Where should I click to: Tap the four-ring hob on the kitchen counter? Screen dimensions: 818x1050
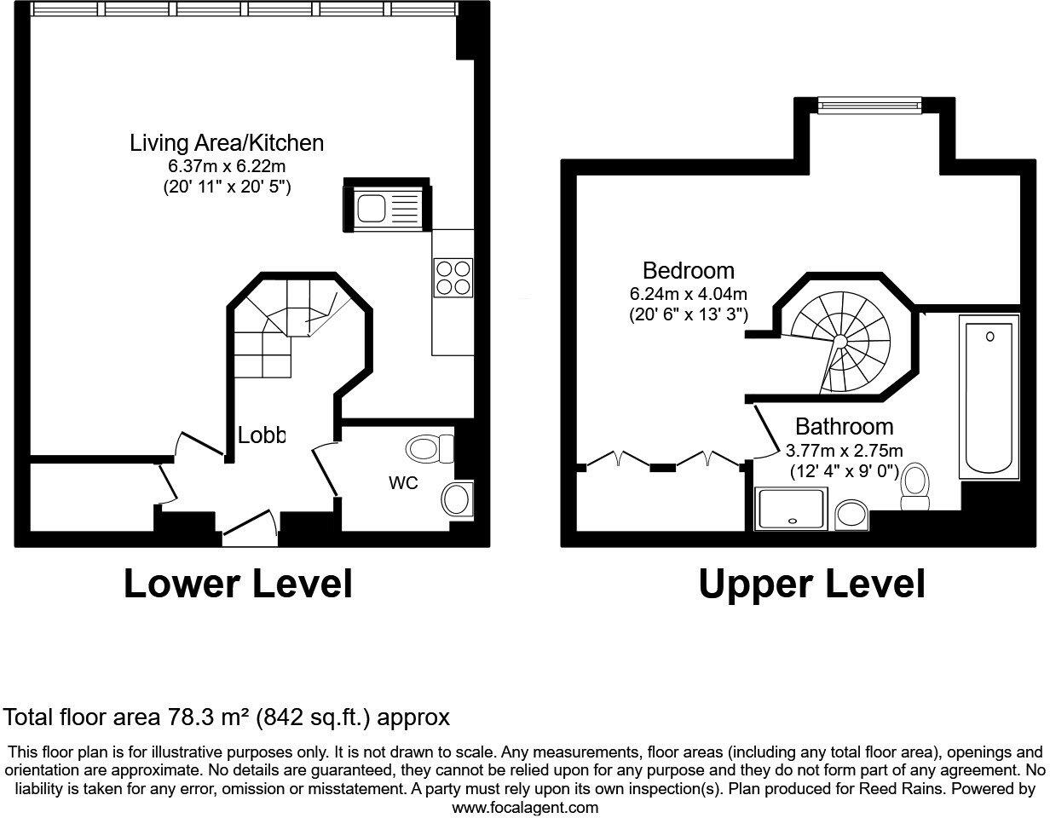453,277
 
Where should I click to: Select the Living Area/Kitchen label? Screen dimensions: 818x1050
227,142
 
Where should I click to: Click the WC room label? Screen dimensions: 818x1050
403,483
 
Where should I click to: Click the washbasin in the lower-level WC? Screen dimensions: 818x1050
458,498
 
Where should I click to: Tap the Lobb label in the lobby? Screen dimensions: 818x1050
261,435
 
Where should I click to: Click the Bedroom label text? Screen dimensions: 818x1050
688,271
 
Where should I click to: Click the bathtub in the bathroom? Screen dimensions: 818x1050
989,395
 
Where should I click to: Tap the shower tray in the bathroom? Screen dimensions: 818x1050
791,509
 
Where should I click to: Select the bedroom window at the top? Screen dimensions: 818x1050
868,105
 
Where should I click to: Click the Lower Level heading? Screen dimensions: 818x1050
238,585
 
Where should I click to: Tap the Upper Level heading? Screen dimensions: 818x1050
811,585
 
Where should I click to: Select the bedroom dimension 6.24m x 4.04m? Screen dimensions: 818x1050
688,293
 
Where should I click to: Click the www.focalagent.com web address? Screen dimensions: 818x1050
525,807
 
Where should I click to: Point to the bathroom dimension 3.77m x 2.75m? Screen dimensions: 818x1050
844,451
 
